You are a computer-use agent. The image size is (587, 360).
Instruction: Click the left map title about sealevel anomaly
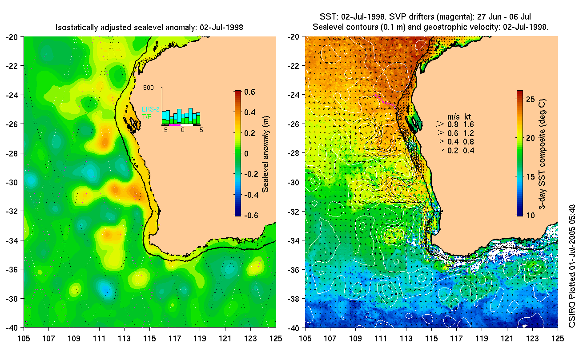coord(149,28)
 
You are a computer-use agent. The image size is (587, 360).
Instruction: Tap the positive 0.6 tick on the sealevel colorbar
coord(249,92)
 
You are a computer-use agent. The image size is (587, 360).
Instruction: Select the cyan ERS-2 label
coord(150,109)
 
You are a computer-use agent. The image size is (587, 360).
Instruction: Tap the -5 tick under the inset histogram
coord(164,131)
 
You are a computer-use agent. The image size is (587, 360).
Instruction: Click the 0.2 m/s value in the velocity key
coord(453,151)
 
